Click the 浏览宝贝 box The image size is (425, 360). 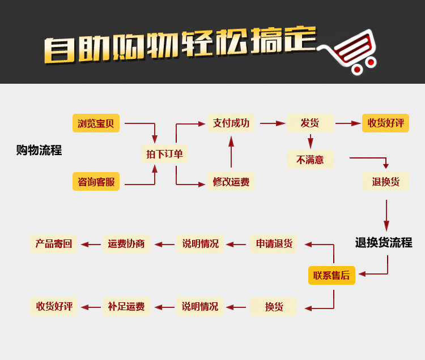96,123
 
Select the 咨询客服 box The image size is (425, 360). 96,182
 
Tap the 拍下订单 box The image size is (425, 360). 164,154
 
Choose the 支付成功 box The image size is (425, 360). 231,123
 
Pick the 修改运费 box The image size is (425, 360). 231,182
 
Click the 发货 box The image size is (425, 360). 310,123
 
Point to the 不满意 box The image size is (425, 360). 310,160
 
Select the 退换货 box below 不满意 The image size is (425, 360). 386,182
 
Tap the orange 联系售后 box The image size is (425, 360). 331,276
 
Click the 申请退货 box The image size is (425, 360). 274,244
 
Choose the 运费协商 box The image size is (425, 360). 126,244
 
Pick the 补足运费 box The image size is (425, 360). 126,307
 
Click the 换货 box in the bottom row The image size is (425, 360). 274,307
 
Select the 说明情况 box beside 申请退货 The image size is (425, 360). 200,244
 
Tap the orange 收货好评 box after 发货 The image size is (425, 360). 386,123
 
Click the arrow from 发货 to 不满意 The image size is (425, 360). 310,141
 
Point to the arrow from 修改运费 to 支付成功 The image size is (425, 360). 231,152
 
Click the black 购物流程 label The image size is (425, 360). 39,151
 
